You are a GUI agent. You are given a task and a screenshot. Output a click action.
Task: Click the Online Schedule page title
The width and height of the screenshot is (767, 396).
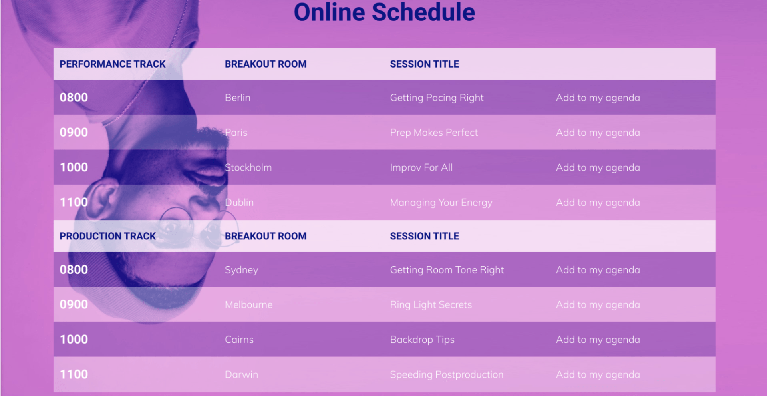click(384, 12)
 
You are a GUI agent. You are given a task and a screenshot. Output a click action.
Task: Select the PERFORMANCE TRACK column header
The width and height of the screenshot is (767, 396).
click(112, 64)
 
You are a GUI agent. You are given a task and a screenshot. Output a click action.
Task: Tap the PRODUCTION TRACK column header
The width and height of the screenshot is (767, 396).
click(107, 236)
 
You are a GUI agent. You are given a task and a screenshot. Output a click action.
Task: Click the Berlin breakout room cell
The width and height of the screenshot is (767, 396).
click(238, 98)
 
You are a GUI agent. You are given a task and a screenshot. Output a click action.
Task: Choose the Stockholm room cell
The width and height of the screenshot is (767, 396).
click(248, 167)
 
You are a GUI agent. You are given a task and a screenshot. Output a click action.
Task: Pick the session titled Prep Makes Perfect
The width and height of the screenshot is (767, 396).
click(434, 133)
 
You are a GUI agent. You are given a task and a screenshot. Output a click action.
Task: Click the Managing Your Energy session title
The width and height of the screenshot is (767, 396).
click(441, 203)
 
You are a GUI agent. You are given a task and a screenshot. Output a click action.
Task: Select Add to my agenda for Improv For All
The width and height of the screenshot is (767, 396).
click(598, 167)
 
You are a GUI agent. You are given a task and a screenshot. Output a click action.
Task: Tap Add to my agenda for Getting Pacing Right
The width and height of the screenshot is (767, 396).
click(598, 98)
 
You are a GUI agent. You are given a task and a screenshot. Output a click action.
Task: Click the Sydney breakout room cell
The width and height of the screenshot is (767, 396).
click(241, 270)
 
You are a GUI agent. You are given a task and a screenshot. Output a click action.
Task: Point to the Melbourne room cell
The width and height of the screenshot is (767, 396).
click(248, 305)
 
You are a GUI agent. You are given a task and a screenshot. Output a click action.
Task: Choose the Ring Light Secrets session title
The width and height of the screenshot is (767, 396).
click(431, 305)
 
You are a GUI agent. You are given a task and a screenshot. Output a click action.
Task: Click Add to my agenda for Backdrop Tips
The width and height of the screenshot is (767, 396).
click(598, 340)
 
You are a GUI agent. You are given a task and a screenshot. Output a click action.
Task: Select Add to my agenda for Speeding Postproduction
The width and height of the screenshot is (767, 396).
click(598, 375)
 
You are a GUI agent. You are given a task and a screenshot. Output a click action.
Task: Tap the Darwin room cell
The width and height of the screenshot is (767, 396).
click(241, 375)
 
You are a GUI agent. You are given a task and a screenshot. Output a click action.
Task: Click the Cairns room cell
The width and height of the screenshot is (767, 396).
click(239, 340)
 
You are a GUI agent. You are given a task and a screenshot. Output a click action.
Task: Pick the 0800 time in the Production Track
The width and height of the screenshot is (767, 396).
click(74, 270)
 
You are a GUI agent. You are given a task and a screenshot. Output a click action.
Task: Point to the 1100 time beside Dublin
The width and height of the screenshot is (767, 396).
click(74, 203)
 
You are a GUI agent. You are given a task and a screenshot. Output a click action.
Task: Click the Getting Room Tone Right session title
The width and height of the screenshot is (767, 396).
click(447, 270)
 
